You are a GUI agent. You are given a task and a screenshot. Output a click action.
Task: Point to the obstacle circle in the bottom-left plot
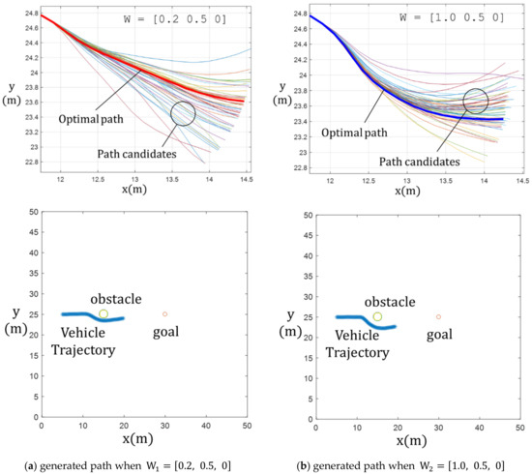[x=103, y=314]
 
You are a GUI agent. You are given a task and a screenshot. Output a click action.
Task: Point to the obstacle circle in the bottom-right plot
[x=377, y=316]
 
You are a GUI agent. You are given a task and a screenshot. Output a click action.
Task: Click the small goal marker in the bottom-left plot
[x=165, y=314]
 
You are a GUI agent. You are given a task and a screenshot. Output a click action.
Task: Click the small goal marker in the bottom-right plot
[x=438, y=316]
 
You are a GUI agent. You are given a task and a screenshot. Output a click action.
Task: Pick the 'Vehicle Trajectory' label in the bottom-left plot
[x=82, y=341]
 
